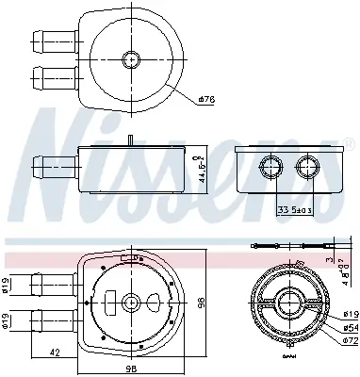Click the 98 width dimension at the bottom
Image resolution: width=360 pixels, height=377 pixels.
tap(132, 369)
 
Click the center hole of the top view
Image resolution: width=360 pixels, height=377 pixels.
tap(131, 59)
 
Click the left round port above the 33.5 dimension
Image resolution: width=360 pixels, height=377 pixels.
tap(270, 169)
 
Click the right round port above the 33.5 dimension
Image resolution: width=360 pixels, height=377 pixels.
tap(307, 169)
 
